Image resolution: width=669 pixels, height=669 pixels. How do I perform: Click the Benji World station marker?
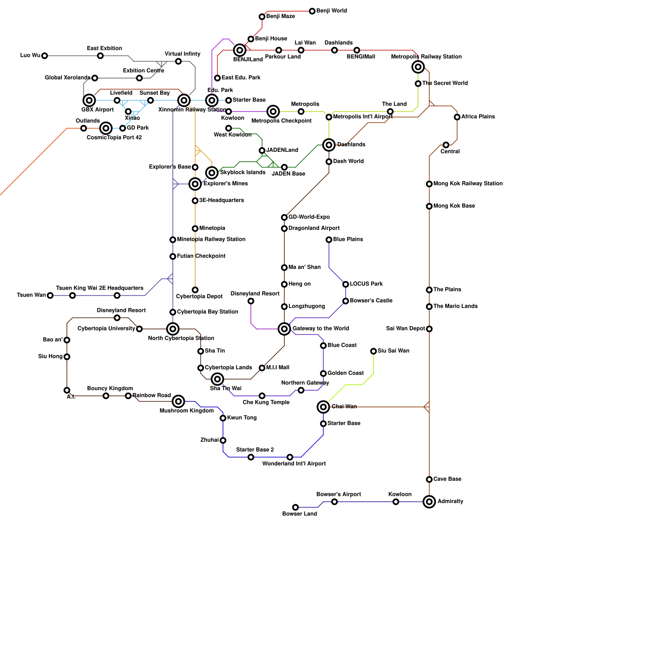[312, 11]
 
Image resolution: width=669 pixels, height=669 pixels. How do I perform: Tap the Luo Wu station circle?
[45, 56]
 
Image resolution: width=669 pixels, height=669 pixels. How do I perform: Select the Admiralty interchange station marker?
[429, 502]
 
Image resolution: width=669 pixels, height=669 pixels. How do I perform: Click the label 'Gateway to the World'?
[321, 329]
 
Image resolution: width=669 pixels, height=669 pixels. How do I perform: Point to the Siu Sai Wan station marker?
[373, 351]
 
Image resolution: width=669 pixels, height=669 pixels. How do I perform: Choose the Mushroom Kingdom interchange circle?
[179, 401]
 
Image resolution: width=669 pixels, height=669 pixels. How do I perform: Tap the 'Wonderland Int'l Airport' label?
[294, 464]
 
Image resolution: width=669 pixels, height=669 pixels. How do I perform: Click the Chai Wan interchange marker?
[323, 407]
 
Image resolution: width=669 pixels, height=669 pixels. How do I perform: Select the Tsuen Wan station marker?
[50, 296]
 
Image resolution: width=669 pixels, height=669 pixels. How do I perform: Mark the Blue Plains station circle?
[329, 240]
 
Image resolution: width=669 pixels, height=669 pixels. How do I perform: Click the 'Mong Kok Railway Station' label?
[468, 184]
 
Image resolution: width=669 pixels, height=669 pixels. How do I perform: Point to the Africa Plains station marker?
[457, 117]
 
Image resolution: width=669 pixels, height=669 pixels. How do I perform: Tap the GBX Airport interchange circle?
[89, 100]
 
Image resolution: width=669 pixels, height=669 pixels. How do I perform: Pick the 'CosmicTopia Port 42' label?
[114, 138]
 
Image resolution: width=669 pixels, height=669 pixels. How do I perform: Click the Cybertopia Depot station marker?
[195, 290]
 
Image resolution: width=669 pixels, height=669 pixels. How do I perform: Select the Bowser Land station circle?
[296, 507]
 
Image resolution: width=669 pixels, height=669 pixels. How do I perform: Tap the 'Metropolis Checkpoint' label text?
[281, 121]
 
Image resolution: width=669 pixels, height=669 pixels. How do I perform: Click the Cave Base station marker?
[429, 479]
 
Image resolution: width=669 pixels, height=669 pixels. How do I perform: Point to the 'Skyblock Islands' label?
[243, 172]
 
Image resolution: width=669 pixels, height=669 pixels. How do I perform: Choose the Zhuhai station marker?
[223, 440]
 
